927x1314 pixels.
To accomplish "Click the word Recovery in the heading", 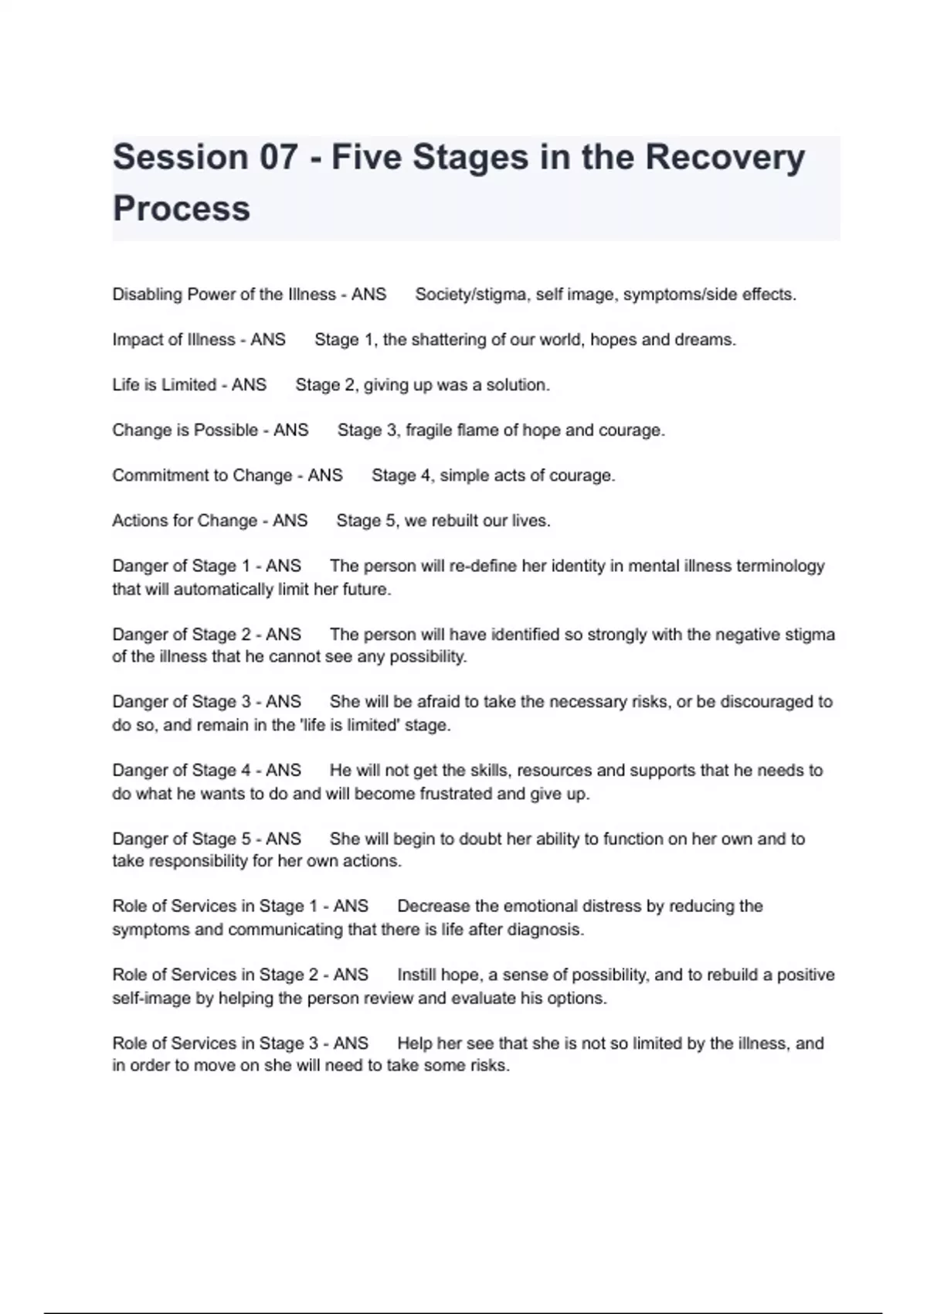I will tap(725, 158).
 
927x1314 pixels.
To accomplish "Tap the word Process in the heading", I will tap(182, 209).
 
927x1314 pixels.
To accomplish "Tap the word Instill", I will tap(418, 975).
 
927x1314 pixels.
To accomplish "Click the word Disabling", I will tap(147, 294).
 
